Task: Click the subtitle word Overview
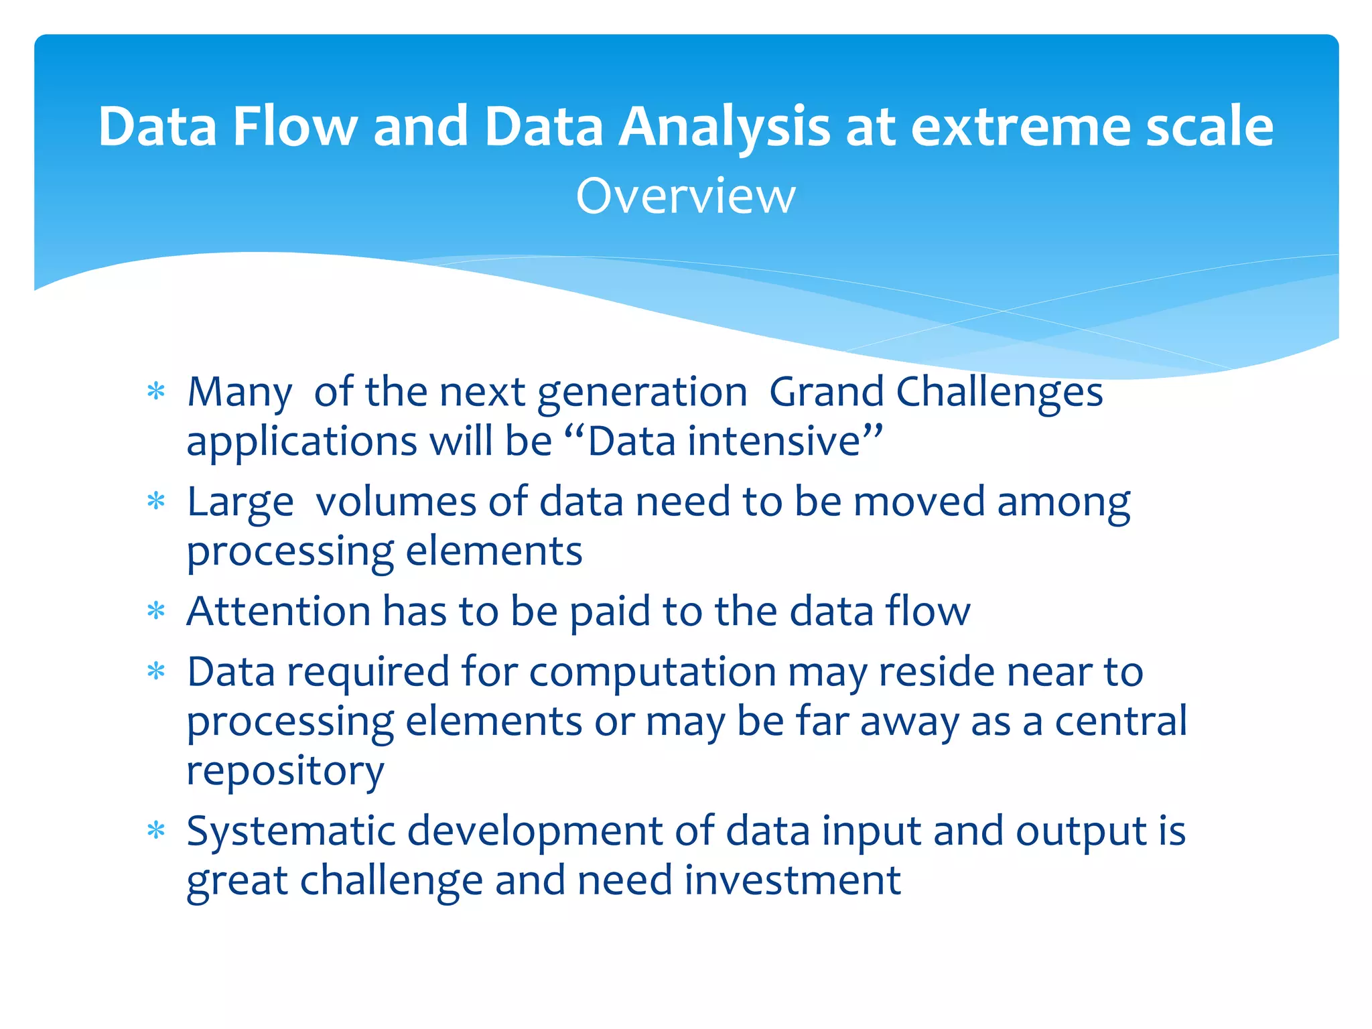point(685,196)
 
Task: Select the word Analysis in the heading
point(724,127)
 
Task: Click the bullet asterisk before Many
point(156,392)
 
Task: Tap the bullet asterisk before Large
point(156,502)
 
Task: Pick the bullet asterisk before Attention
point(156,611)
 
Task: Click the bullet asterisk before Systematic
point(156,831)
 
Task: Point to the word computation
point(653,673)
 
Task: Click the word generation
point(642,393)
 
